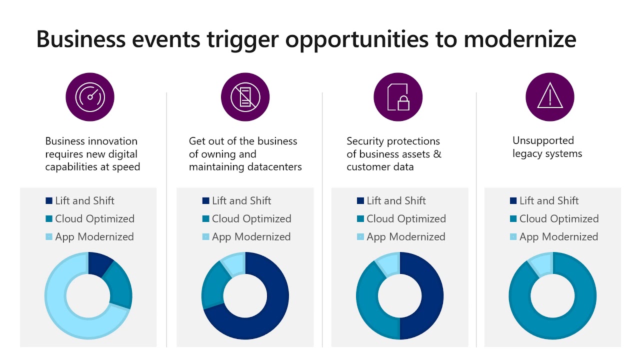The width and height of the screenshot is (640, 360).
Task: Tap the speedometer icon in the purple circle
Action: [x=90, y=97]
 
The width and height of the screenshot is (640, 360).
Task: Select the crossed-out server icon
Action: [x=245, y=97]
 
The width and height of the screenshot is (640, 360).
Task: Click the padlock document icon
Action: [x=398, y=97]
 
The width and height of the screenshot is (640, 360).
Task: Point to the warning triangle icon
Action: [x=550, y=97]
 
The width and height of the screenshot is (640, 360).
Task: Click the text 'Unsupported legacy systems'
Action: [x=547, y=147]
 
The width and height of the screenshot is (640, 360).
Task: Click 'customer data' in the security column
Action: [x=380, y=167]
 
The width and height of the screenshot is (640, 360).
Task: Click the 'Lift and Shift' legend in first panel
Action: [x=84, y=201]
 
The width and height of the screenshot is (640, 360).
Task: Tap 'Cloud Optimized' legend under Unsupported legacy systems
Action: [x=558, y=219]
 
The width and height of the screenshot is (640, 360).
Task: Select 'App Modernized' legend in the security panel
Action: [x=405, y=237]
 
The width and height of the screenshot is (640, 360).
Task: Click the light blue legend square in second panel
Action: [x=206, y=237]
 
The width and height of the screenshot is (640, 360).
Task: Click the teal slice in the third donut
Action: [x=370, y=300]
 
